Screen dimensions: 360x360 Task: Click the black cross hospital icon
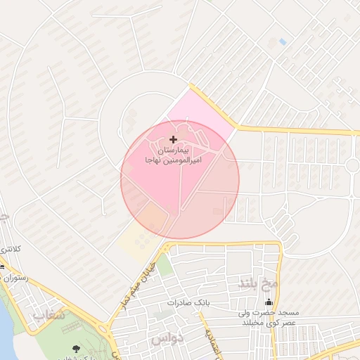[174, 139]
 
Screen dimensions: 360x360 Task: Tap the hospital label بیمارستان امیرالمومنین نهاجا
[174, 155]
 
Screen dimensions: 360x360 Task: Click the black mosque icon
[268, 302]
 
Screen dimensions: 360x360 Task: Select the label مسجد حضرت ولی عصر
[268, 316]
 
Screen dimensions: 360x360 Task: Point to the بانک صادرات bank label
[189, 302]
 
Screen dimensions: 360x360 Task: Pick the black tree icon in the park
[76, 349]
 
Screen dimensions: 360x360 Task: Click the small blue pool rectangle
[283, 42]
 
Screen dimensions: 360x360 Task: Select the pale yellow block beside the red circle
[134, 239]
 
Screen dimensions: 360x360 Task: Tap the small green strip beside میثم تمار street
[163, 266]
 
